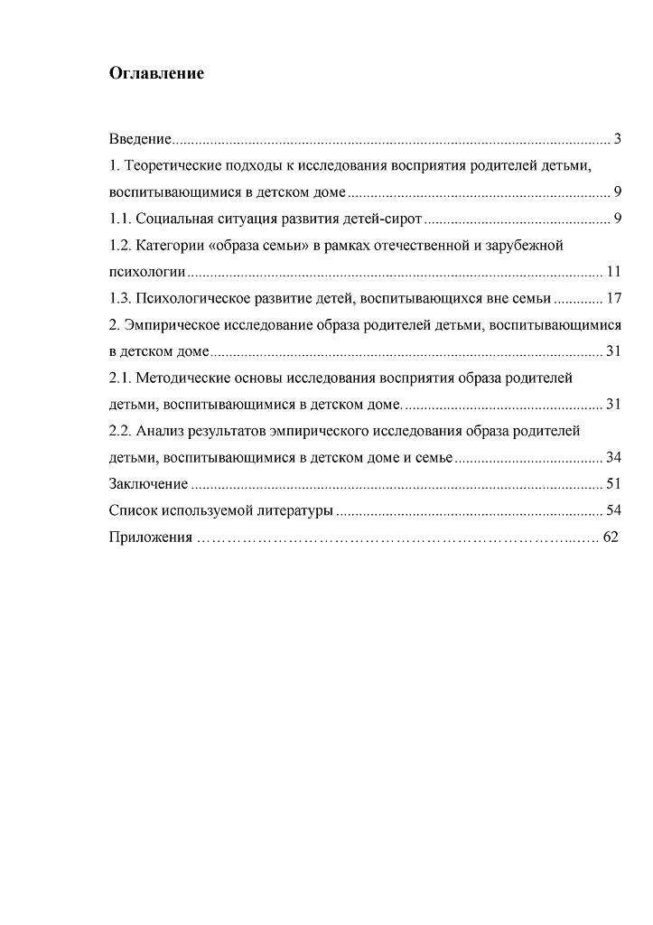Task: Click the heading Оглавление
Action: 156,73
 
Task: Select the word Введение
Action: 139,139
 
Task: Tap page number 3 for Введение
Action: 617,139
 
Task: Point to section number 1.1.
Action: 121,219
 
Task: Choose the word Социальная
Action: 178,219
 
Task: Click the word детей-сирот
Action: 386,219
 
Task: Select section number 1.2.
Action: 121,245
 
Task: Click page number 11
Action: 613,271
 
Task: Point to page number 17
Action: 613,298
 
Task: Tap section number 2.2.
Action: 121,431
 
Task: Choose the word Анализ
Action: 162,431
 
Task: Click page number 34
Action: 613,457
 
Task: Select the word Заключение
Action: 148,484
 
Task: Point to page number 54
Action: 613,510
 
